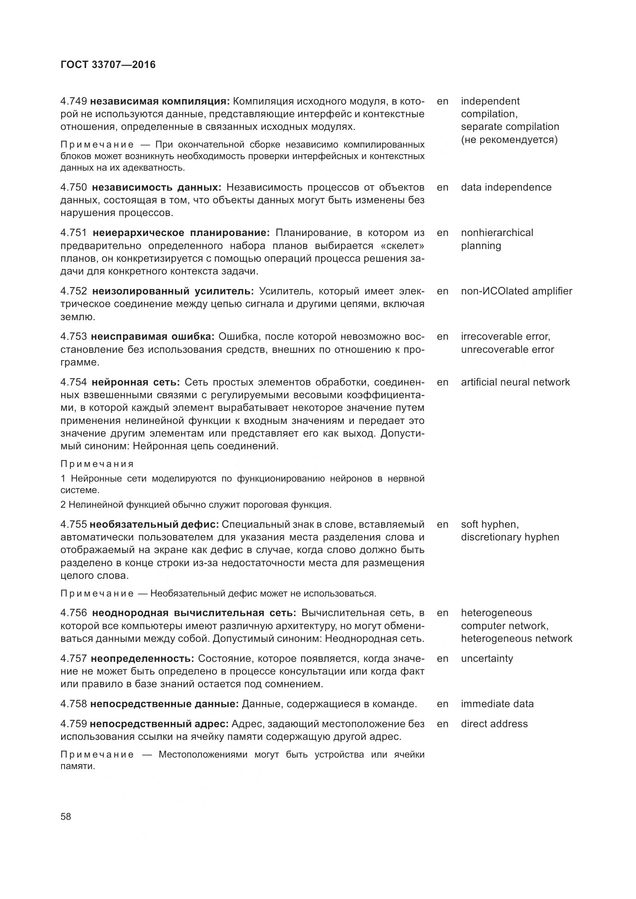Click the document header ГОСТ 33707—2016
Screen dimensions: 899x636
click(108, 65)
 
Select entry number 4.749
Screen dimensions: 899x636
click(73, 101)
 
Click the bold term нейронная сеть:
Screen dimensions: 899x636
click(135, 382)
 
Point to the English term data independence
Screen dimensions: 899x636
click(506, 188)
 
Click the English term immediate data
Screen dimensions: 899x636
click(497, 704)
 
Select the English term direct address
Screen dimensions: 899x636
click(494, 724)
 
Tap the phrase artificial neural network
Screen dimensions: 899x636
click(515, 382)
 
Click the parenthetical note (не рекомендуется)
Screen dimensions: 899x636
click(509, 140)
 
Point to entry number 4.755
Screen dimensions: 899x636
click(73, 524)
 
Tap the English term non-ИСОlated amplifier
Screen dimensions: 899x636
click(516, 291)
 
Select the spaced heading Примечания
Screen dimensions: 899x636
click(97, 464)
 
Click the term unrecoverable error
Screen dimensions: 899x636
click(507, 350)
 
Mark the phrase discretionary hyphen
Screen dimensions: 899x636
click(510, 537)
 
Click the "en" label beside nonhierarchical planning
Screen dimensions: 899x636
click(443, 233)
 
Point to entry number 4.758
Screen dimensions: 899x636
click(73, 704)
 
